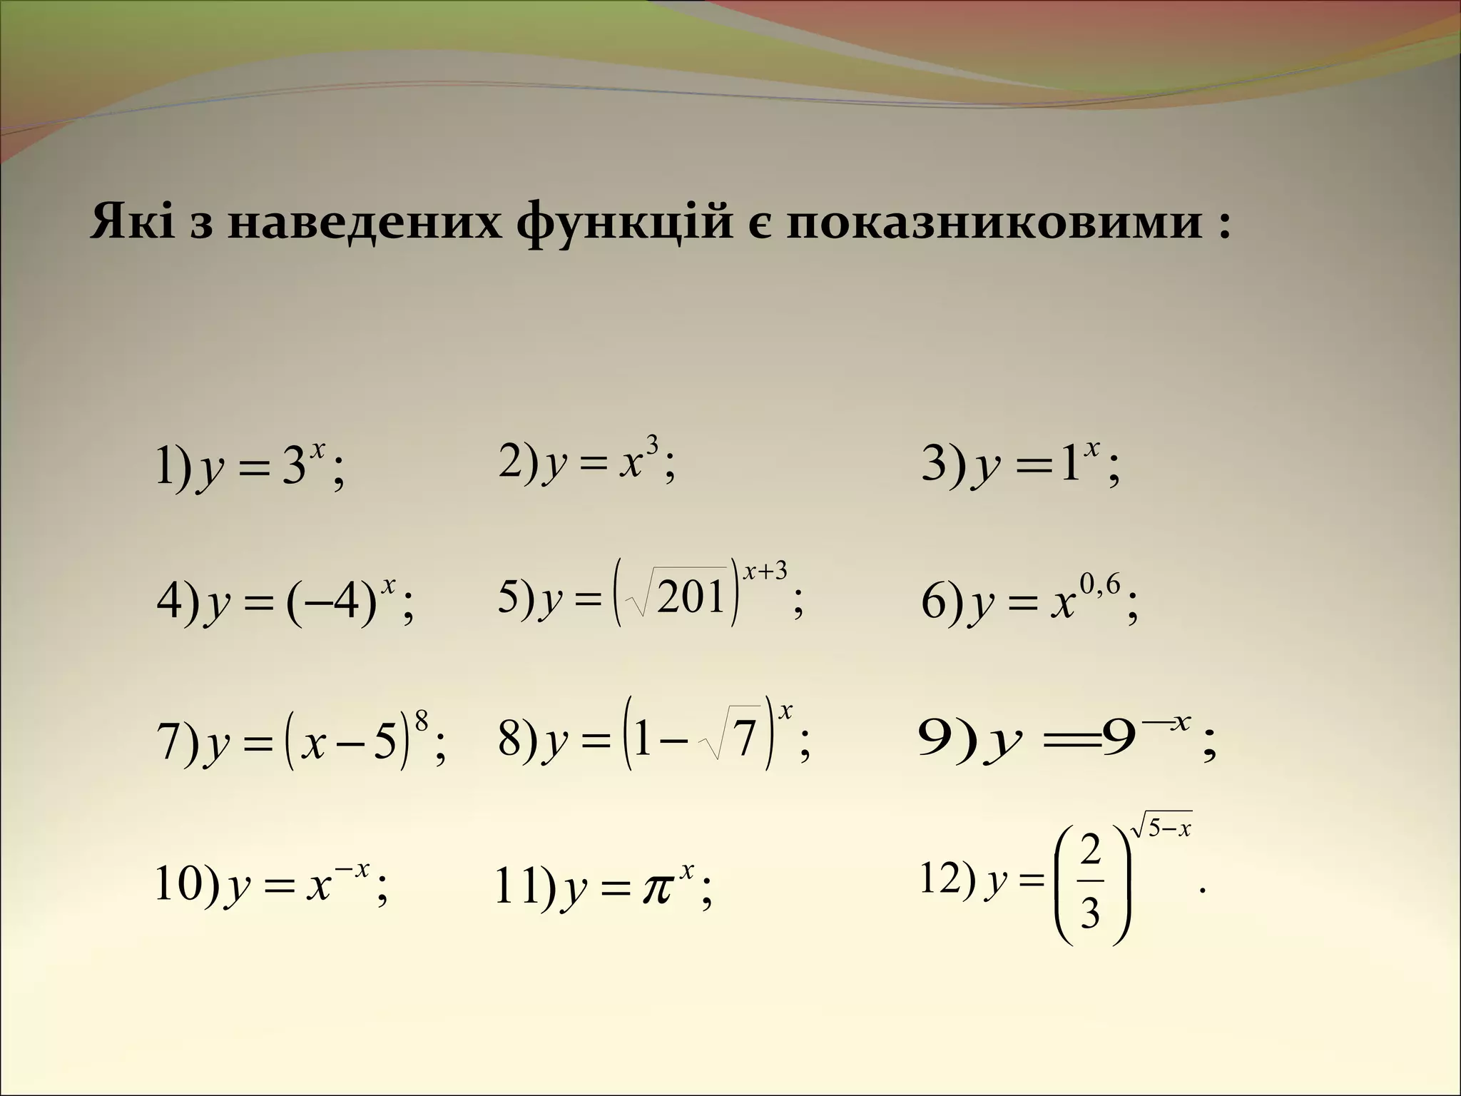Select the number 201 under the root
(691, 598)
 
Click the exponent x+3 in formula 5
(765, 572)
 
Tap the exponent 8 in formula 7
(421, 724)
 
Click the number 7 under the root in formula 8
(745, 739)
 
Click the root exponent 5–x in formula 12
(1170, 829)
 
